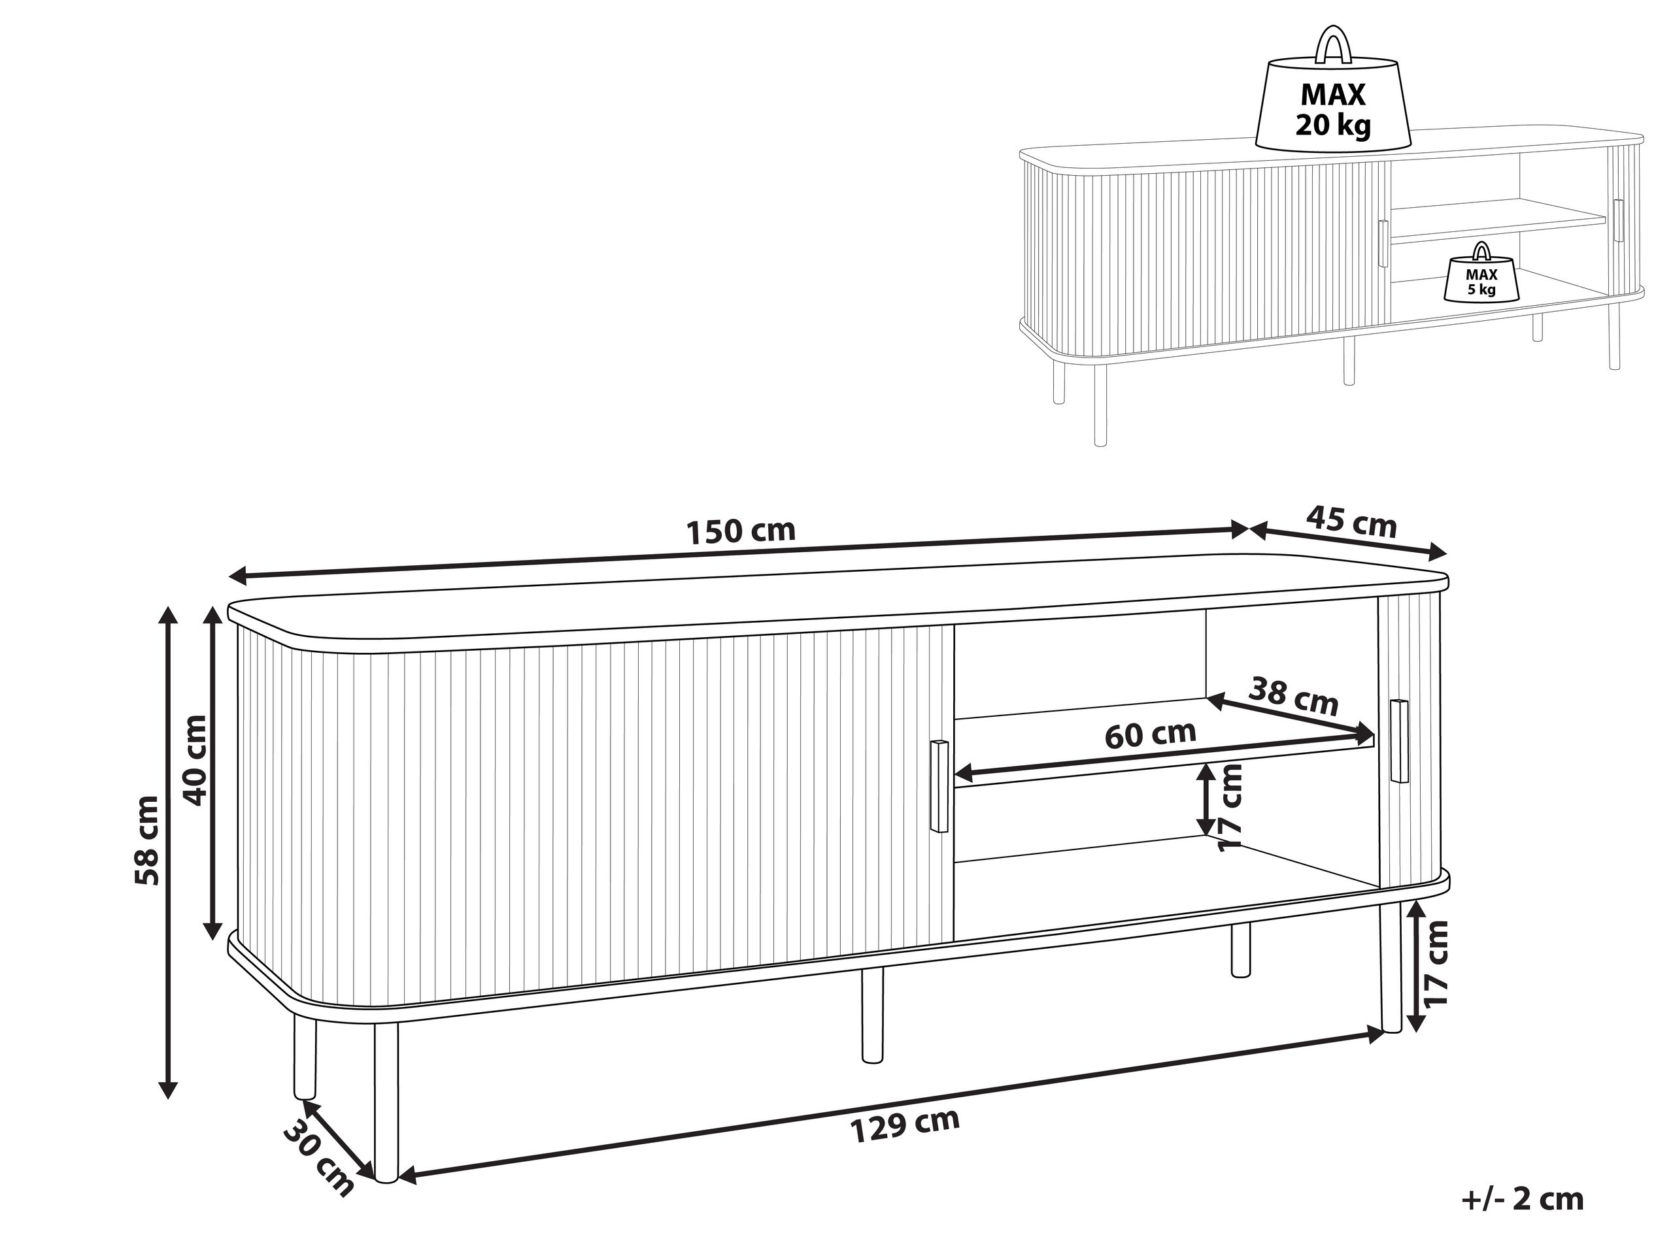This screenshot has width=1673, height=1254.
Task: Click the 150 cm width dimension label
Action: pos(741,531)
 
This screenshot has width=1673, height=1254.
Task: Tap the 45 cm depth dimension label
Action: pos(1351,522)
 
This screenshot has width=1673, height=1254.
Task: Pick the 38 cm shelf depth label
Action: pos(1293,696)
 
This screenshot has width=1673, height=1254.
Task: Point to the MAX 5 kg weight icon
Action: pos(1481,280)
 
